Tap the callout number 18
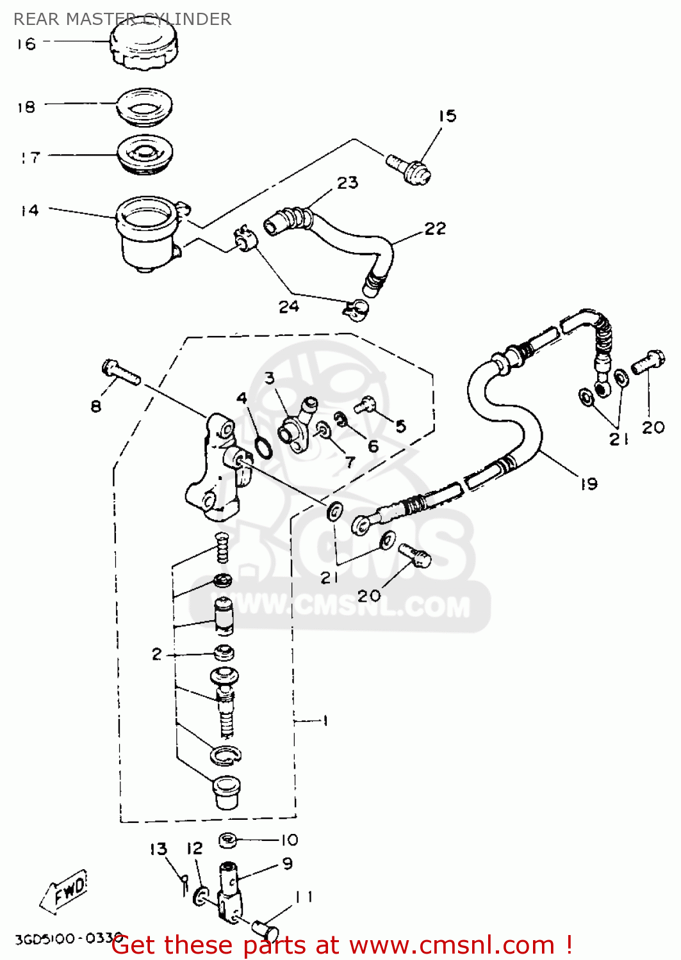[x=26, y=107]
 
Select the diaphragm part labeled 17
[x=145, y=154]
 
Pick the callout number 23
[x=347, y=183]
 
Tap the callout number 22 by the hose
[x=435, y=228]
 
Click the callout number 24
[x=289, y=307]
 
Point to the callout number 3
[x=270, y=378]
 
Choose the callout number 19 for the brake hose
[x=589, y=484]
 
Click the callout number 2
[x=157, y=654]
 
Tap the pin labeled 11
[x=262, y=927]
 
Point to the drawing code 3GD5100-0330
[x=68, y=940]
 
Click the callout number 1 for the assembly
[x=325, y=721]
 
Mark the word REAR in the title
[x=37, y=19]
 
